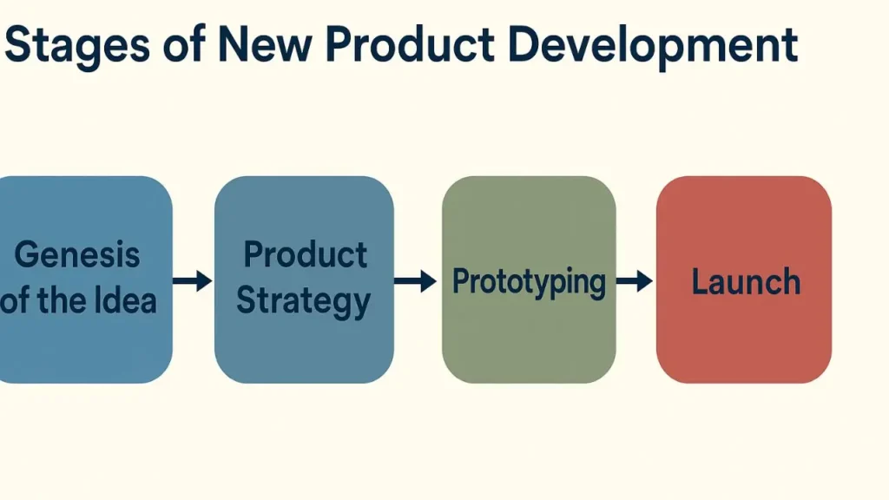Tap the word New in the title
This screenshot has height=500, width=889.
(x=264, y=44)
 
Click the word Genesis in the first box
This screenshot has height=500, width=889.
(x=77, y=254)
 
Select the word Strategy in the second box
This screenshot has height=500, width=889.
(x=304, y=302)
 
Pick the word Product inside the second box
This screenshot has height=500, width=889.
(x=305, y=254)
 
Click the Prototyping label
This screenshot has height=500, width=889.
(x=529, y=282)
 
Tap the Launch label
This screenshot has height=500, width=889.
(x=746, y=282)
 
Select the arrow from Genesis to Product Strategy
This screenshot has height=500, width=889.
(x=193, y=280)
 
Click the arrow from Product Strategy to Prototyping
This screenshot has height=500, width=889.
(x=416, y=281)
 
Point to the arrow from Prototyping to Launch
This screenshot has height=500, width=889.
(x=635, y=281)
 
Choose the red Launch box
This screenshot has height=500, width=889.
(x=744, y=280)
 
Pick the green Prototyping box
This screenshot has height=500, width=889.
(x=529, y=280)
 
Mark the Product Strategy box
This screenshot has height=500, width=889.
(x=304, y=280)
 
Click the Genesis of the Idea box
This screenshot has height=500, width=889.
(x=85, y=280)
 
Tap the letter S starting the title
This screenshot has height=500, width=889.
(x=17, y=44)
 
